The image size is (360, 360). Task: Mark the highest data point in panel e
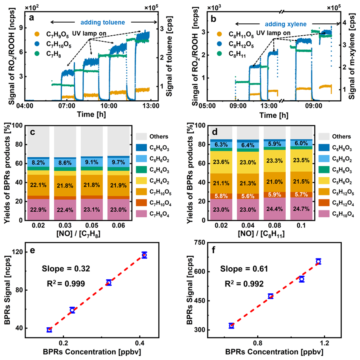click(x=144, y=255)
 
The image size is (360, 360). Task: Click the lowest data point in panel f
click(x=231, y=326)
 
